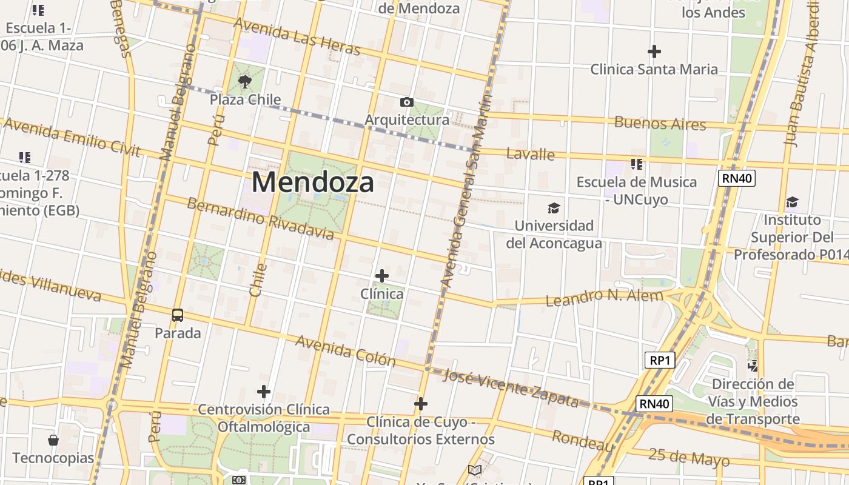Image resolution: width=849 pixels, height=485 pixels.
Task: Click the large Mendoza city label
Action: point(312,182)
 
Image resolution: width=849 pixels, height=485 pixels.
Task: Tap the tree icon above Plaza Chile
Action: point(245,81)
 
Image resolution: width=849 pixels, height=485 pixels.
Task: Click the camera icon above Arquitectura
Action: point(407,102)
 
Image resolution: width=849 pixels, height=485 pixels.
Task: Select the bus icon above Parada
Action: point(178,315)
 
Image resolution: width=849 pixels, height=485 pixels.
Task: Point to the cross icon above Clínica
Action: point(381,276)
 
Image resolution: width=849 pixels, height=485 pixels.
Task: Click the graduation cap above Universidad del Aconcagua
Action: point(554,209)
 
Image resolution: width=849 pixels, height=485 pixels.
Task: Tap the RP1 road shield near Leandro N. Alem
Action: point(659,361)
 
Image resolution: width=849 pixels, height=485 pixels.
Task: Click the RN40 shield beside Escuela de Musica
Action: point(736,178)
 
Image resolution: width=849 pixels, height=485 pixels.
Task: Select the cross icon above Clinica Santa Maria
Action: point(654,52)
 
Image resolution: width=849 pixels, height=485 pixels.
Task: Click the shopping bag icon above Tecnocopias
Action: point(53,440)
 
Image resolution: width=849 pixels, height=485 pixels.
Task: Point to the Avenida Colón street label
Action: point(345,351)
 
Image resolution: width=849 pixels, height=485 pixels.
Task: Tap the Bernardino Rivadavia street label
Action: point(260,218)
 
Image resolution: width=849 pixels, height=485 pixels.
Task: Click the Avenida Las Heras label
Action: point(297,36)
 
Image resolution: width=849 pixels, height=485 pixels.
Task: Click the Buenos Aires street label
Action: point(660,123)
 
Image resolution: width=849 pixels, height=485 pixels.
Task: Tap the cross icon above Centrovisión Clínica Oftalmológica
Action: point(263,391)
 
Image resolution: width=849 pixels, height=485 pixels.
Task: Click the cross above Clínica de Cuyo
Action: point(421,404)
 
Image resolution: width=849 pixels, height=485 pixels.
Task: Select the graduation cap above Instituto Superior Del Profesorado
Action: point(792,202)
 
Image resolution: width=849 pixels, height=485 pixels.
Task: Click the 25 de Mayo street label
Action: point(688,457)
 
